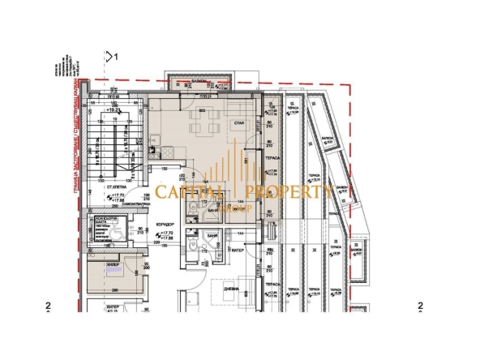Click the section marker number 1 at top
(117, 58)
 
